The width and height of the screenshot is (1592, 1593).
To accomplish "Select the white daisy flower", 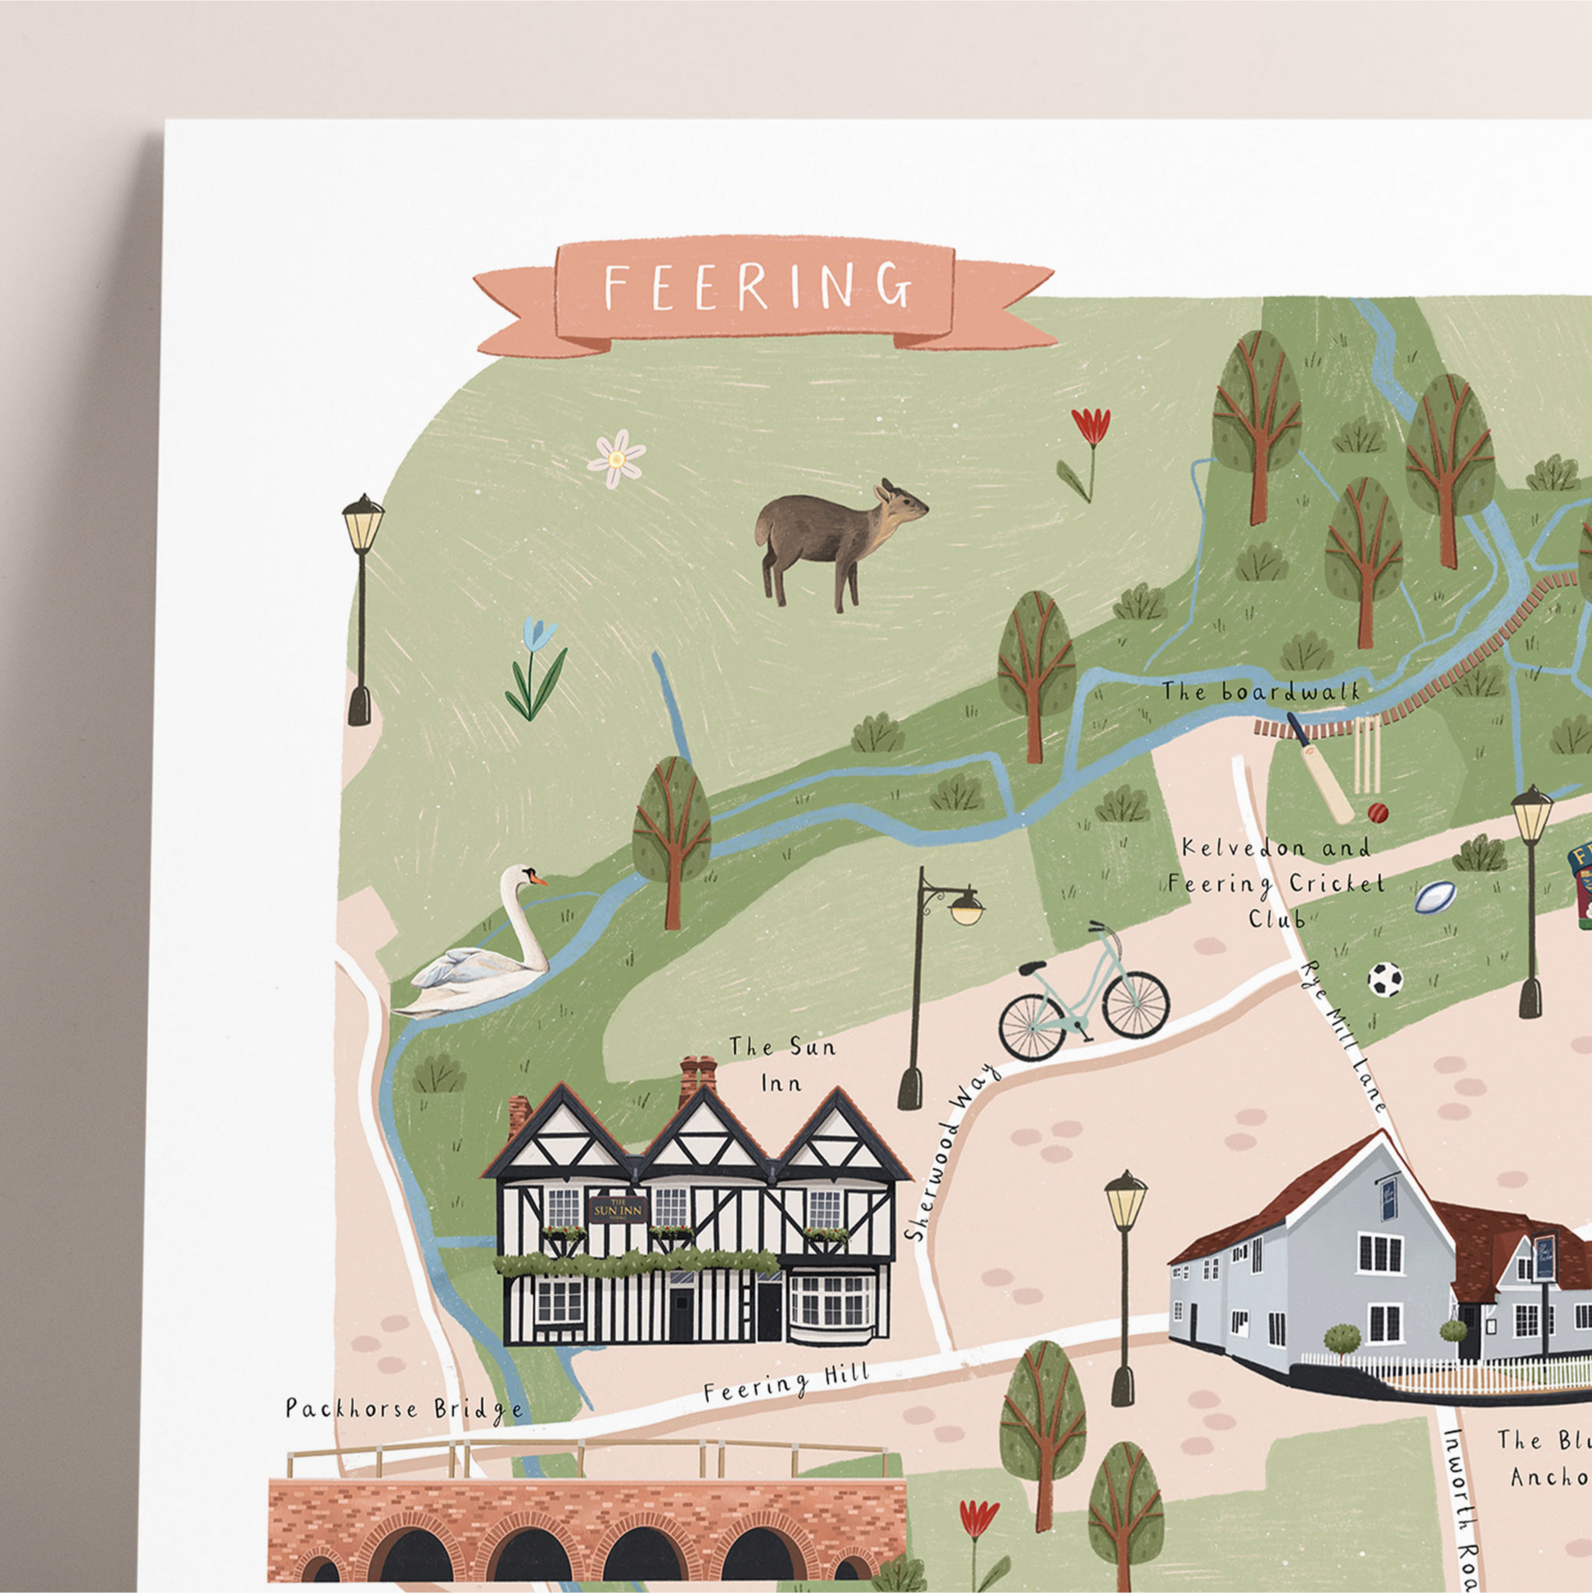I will coord(616,457).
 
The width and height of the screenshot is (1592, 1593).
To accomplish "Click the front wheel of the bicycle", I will coord(1136,1003).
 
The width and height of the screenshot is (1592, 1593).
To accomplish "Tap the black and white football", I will coord(1385,979).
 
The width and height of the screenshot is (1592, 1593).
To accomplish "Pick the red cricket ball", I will coord(1378,813).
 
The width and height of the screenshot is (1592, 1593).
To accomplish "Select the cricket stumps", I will coord(1366,754).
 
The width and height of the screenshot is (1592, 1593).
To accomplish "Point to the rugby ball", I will coord(1435,897).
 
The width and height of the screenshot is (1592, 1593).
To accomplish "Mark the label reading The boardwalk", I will coord(1261,692).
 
